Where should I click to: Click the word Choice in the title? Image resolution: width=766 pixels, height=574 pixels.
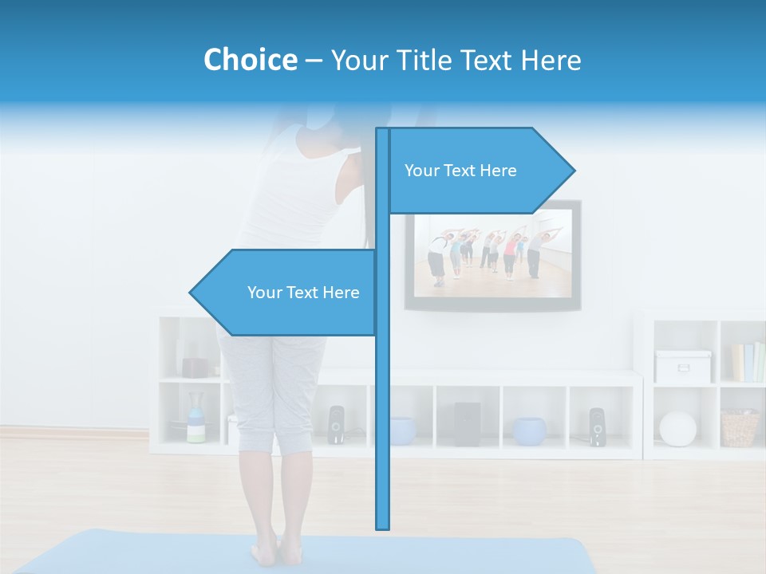pyautogui.click(x=250, y=60)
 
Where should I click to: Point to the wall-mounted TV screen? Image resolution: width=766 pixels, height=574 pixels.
pyautogui.click(x=492, y=255)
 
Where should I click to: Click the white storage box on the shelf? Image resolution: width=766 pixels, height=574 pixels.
pyautogui.click(x=683, y=367)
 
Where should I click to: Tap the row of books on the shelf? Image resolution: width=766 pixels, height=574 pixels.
pyautogui.click(x=748, y=362)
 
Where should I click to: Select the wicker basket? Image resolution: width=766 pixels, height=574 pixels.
pyautogui.click(x=740, y=428)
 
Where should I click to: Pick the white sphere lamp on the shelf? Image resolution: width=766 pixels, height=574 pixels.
pyautogui.click(x=677, y=428)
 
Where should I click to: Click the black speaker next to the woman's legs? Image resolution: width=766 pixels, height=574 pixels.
pyautogui.click(x=336, y=424)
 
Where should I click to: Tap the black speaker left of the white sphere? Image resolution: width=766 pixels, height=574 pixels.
pyautogui.click(x=597, y=427)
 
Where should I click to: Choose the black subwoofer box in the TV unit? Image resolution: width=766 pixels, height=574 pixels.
pyautogui.click(x=467, y=423)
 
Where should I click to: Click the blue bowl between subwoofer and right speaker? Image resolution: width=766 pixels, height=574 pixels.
pyautogui.click(x=530, y=431)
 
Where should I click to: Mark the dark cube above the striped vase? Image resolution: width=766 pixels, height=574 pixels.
pyautogui.click(x=195, y=367)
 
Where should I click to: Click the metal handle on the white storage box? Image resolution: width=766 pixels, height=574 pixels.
pyautogui.click(x=683, y=369)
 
